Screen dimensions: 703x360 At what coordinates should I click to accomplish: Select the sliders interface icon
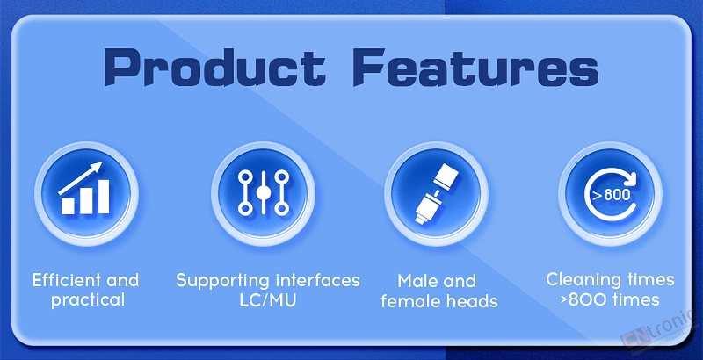tap(263, 193)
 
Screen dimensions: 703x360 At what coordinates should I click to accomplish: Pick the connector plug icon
tap(436, 193)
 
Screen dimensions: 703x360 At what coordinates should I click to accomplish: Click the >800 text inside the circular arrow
tap(611, 195)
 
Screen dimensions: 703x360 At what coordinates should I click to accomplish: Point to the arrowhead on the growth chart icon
tap(96, 169)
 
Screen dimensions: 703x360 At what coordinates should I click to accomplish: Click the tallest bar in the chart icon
tap(104, 197)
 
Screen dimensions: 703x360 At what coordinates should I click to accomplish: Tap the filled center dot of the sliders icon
tap(263, 193)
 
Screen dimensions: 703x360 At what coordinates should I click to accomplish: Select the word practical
tap(88, 300)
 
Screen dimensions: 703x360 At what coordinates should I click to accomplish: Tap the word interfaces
tap(318, 280)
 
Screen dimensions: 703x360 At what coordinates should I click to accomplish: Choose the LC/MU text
tap(268, 300)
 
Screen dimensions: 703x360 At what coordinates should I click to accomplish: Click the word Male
tap(416, 281)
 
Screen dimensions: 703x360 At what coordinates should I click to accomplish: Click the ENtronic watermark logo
tap(659, 331)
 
